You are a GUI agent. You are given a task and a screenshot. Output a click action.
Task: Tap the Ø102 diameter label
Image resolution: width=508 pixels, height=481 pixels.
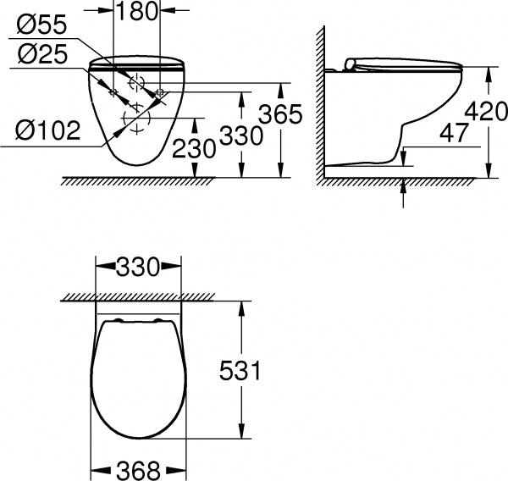coord(47,130)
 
